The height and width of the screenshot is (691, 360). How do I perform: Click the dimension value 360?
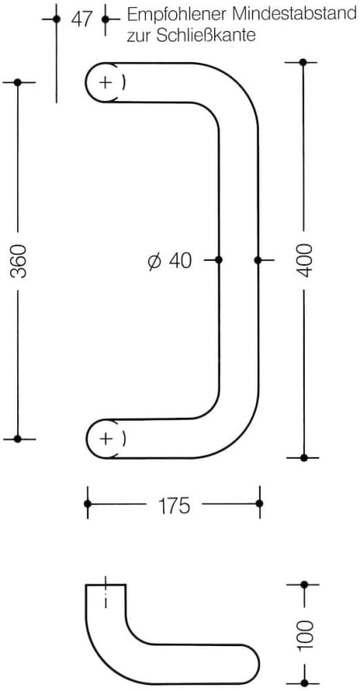pos(19,261)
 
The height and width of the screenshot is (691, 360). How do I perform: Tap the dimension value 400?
pos(304,260)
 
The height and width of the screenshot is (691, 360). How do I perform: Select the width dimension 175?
pos(174,505)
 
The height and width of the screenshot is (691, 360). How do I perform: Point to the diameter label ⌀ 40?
pos(170,261)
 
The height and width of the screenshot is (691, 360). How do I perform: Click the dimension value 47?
pos(81,19)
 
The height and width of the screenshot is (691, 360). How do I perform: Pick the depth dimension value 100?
pos(304,635)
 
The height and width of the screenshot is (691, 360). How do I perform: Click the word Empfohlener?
pos(176,15)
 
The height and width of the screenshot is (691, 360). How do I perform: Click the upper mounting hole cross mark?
pos(105,82)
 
